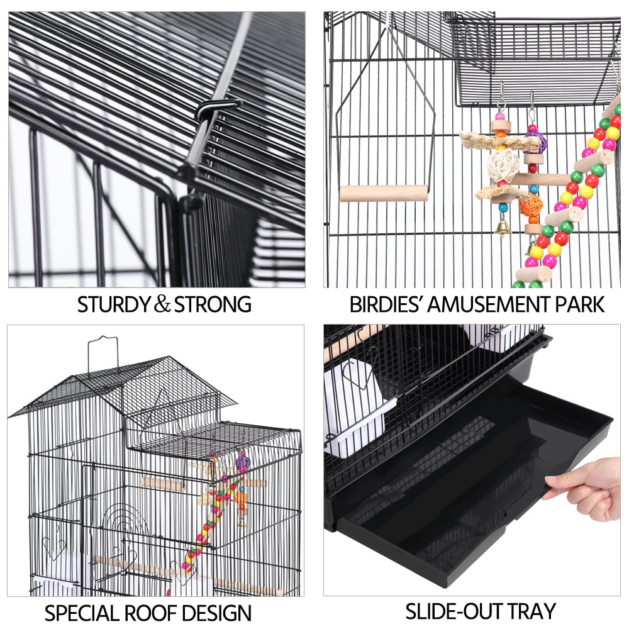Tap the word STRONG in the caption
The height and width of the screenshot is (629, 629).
(x=213, y=304)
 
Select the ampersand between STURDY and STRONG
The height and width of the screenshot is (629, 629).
(x=162, y=304)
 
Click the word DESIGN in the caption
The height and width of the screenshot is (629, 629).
(x=220, y=612)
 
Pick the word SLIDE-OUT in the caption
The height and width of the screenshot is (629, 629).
(x=448, y=611)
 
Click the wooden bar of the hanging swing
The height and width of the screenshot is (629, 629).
(x=384, y=193)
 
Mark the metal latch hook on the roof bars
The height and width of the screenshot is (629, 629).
(x=217, y=108)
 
